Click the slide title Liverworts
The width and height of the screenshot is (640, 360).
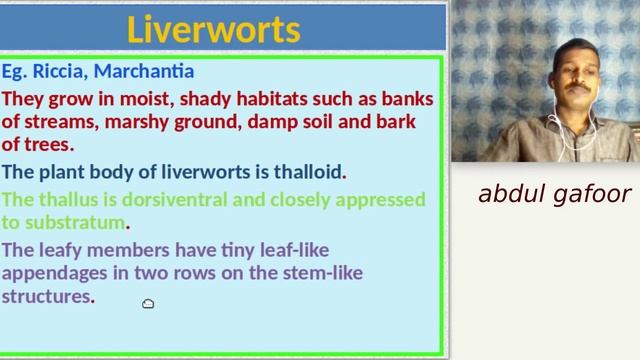[213, 29]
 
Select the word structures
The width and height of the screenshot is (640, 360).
[46, 297]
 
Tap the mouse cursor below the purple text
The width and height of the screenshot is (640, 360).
[148, 304]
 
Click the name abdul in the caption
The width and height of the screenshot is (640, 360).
[510, 193]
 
